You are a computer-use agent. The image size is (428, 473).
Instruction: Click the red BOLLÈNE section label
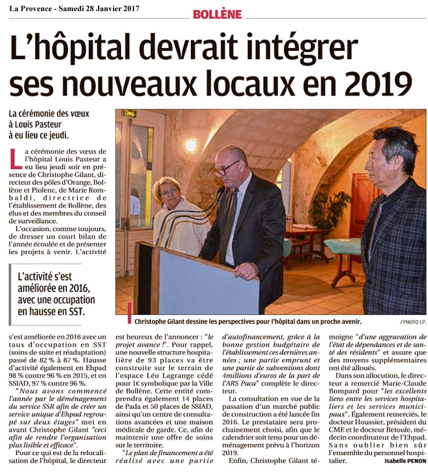click(217, 14)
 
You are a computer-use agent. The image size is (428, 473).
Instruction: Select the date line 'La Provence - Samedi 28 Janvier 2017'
click(74, 8)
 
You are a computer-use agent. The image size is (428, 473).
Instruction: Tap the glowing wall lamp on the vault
click(191, 145)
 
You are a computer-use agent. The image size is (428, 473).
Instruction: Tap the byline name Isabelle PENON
click(405, 460)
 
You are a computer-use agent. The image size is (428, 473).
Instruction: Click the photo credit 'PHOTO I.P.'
click(412, 321)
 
